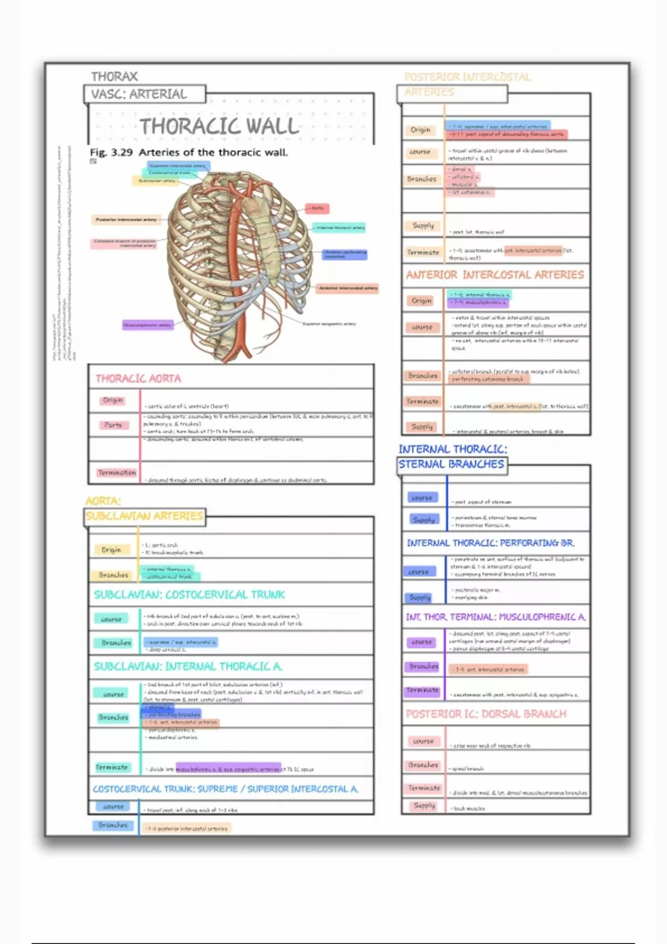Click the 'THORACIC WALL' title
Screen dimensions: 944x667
coord(220,126)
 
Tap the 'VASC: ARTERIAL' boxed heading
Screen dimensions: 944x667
coord(139,94)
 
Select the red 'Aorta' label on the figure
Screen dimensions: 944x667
coord(317,208)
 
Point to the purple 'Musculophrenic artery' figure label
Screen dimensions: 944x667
coord(147,325)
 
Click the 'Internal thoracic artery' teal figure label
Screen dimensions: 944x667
coord(340,228)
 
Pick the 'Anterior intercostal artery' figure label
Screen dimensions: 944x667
coord(348,288)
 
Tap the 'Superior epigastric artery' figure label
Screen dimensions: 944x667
coord(328,324)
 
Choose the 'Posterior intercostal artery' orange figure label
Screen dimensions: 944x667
coord(126,220)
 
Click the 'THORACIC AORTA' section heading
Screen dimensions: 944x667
coord(138,379)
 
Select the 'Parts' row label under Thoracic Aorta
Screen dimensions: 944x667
coord(113,425)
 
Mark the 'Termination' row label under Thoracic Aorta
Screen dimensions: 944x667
coord(116,473)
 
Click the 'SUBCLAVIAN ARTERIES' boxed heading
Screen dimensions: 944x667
coord(145,516)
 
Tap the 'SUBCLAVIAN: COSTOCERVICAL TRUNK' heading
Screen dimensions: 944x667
coord(189,595)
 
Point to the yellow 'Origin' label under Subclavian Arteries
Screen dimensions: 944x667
coord(111,550)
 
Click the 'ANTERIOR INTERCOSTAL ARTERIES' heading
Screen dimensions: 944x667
coord(495,275)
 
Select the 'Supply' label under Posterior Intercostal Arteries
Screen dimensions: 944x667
coord(423,225)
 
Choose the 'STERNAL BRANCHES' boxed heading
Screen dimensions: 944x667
coord(451,464)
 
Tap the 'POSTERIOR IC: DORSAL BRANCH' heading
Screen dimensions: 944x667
coord(486,714)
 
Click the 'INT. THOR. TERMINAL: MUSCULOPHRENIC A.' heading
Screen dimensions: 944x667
coord(496,617)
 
